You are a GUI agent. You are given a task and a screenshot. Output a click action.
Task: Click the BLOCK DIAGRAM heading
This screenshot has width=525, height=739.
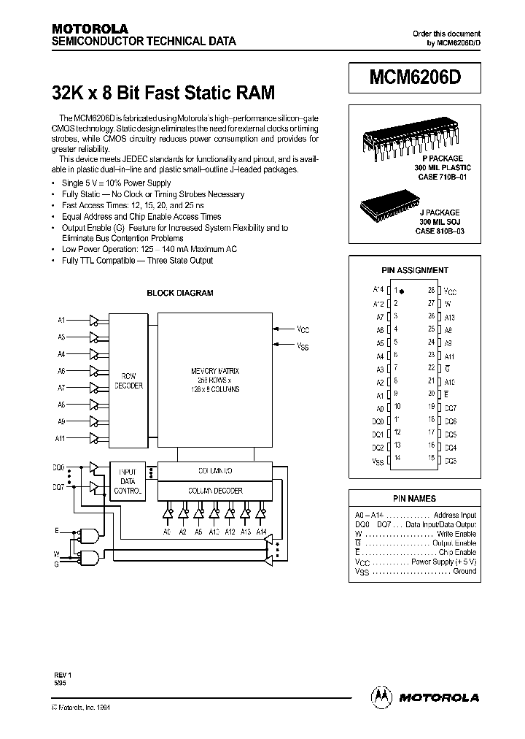tap(180, 293)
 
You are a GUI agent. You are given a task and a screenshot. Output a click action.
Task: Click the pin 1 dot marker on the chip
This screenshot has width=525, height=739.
tap(401, 291)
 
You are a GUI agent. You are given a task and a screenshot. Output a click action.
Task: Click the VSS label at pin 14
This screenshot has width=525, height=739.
tap(377, 461)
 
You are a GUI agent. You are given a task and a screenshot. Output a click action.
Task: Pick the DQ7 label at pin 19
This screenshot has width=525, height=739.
tap(451, 407)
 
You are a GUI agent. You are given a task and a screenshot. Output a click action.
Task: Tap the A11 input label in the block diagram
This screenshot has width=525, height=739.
tap(61, 437)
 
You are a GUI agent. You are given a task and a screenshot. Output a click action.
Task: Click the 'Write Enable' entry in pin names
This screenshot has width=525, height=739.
tap(456, 534)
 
